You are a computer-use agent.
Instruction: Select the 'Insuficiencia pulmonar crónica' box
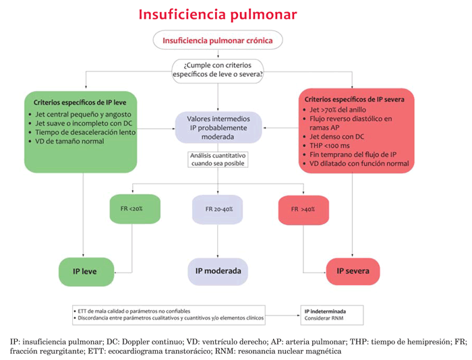[217, 40]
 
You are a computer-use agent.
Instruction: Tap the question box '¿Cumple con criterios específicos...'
[217, 70]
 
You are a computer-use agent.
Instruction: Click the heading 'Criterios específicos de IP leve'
[81, 102]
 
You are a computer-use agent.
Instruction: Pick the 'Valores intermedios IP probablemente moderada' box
[217, 127]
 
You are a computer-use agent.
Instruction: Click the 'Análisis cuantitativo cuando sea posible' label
[217, 159]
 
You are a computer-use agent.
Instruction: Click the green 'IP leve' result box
[84, 271]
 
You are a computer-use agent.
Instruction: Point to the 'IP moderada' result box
[217, 271]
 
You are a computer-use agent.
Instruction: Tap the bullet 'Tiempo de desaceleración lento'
[84, 132]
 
